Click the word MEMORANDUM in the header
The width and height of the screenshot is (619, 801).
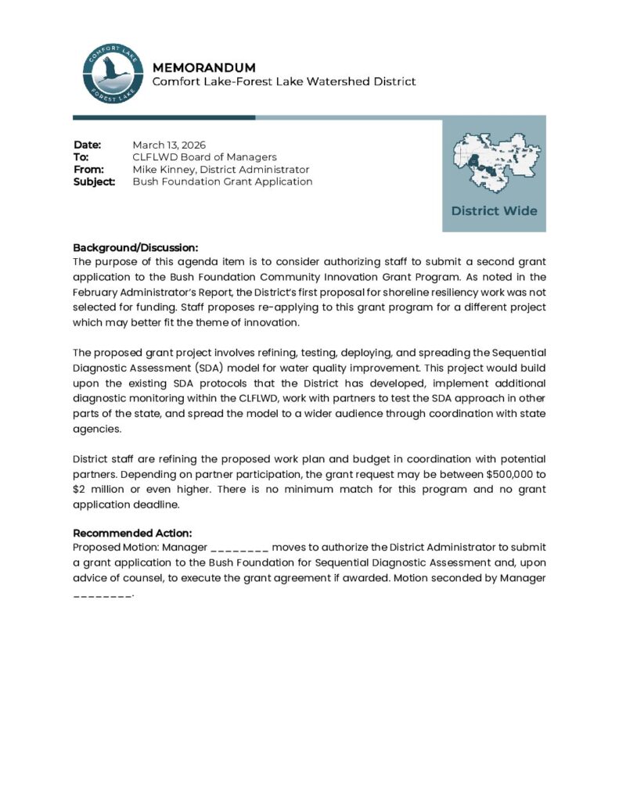(203, 67)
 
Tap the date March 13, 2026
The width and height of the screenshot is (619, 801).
(168, 145)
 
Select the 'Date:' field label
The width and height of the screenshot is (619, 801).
(88, 145)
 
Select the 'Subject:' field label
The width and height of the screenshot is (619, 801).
(94, 181)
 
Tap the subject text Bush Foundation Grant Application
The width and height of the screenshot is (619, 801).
(222, 181)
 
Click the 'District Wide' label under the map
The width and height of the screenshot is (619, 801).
(494, 211)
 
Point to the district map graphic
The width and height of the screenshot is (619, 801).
(493, 162)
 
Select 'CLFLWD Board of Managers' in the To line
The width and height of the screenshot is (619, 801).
(204, 157)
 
